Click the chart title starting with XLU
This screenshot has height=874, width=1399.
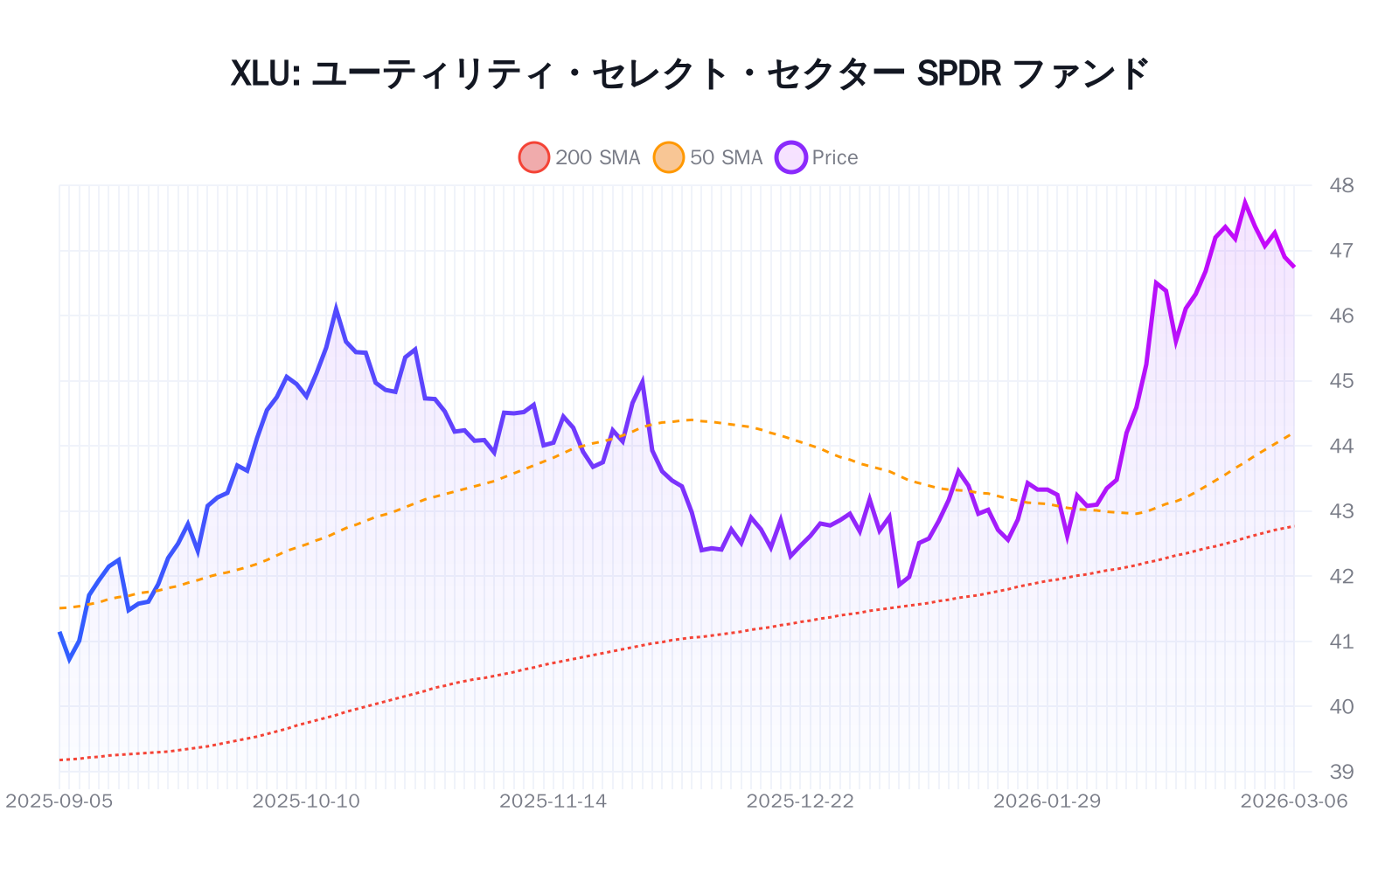point(689,73)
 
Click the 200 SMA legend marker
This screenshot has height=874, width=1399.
point(533,157)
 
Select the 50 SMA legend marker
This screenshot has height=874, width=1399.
point(669,157)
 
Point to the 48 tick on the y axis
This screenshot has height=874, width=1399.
point(1340,185)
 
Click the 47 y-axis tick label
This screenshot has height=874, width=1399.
point(1340,251)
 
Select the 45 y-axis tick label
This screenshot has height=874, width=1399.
point(1340,381)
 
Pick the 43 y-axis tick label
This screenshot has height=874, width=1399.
point(1340,511)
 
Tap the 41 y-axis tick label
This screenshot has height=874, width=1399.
point(1340,642)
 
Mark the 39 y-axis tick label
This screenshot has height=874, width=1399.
point(1340,772)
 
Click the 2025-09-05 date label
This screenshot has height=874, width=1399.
point(59,801)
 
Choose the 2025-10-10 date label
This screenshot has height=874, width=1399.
point(306,801)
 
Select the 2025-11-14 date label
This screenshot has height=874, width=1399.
point(553,801)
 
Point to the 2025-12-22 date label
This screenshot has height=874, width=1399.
point(800,801)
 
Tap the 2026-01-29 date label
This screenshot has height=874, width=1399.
point(1047,801)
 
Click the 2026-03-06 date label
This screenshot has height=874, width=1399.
point(1294,801)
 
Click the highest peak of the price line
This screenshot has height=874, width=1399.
point(1245,203)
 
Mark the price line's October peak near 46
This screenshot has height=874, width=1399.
point(336,309)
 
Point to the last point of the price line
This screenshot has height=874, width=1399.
point(1294,267)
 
